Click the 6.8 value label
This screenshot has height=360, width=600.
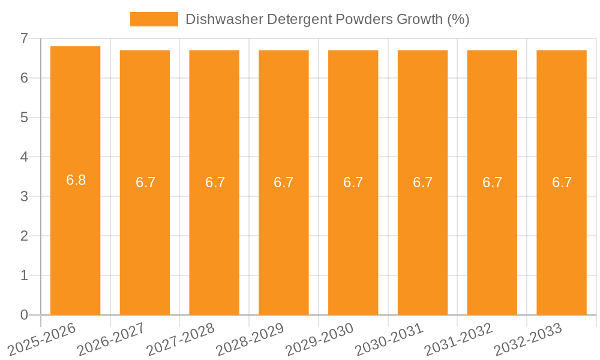pos(76,180)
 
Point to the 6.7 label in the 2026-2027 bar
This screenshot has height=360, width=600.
pos(145,182)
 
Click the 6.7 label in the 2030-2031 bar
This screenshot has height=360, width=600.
pos(423,182)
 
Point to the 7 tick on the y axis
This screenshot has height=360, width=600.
pos(24,38)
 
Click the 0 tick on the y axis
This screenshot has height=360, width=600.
pos(24,315)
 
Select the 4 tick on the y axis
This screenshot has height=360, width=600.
pos(24,157)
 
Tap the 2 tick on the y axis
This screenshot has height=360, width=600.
pos(24,236)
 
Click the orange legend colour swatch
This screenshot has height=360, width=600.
pos(154,19)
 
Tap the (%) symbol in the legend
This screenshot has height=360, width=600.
pos(458,19)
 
